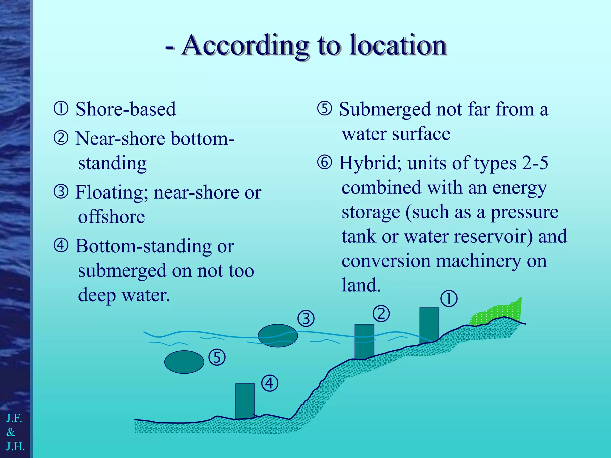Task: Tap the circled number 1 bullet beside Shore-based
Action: (61, 109)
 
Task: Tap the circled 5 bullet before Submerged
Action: (325, 109)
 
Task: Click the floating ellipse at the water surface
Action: (277, 336)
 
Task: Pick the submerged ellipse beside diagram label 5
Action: (184, 362)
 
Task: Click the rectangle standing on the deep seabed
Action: (245, 401)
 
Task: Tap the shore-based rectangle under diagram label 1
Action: (429, 325)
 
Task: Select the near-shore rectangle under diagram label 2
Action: (364, 341)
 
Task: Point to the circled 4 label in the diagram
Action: (270, 383)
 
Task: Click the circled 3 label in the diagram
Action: (306, 319)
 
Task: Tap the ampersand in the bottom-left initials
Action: (11, 432)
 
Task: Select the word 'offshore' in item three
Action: (112, 217)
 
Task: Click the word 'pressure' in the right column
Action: (524, 212)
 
